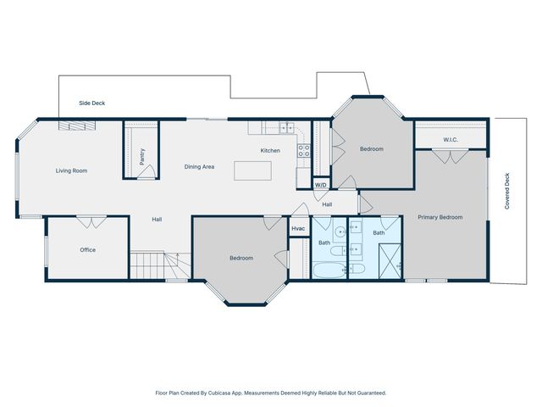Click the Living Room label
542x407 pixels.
[71, 170]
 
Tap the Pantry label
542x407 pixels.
[142, 157]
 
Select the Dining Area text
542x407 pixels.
[199, 167]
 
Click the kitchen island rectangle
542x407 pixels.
[252, 170]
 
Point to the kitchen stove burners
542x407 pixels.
[304, 151]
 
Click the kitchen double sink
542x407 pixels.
[286, 128]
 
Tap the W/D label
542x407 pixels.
[321, 185]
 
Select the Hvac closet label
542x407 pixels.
[298, 228]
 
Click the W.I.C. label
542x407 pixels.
[451, 140]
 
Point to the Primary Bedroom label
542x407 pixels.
[440, 217]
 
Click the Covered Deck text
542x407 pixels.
[507, 191]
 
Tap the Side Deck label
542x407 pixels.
[92, 103]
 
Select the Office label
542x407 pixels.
[88, 250]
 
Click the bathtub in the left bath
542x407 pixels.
[329, 270]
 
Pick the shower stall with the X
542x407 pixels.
[390, 261]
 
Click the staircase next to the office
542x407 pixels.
[160, 265]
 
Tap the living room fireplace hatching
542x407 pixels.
[77, 125]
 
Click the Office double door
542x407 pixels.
[91, 222]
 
